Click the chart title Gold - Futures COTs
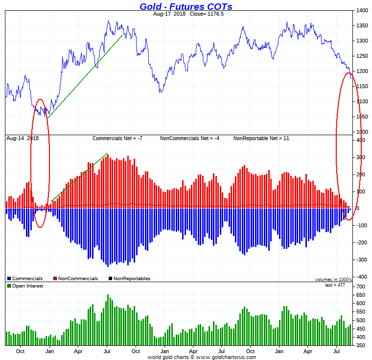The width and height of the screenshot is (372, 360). click(186, 6)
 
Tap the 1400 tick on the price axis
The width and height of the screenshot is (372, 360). click(363, 10)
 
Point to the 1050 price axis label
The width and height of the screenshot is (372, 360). click(363, 117)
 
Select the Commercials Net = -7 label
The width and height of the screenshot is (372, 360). click(117, 138)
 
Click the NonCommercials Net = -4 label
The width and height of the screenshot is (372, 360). click(189, 138)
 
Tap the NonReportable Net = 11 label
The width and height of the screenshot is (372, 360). click(261, 138)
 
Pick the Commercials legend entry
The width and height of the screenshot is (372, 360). click(27, 279)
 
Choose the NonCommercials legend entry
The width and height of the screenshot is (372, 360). click(78, 279)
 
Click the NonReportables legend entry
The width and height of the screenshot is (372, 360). click(132, 279)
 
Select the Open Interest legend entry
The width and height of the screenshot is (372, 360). click(27, 286)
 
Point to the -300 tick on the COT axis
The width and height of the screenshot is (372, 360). click(361, 260)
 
